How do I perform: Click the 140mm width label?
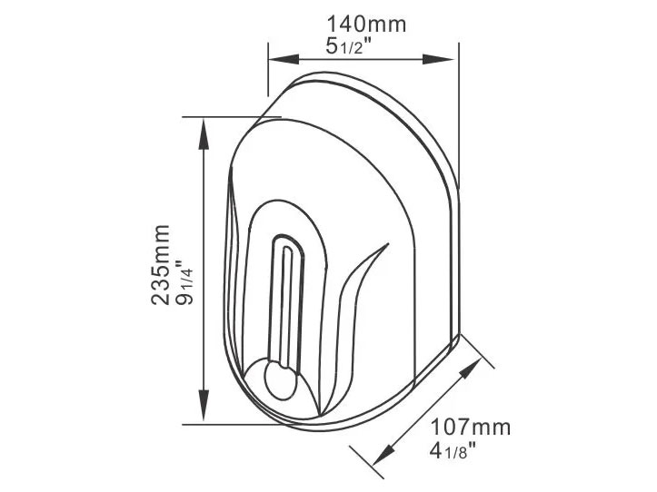(x=368, y=25)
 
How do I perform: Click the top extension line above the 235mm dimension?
(x=227, y=116)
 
